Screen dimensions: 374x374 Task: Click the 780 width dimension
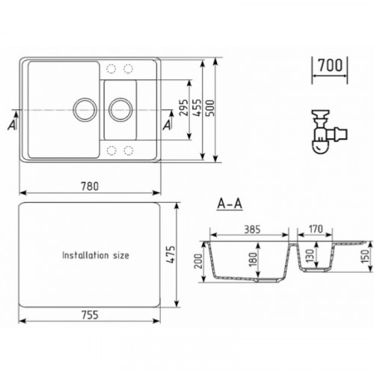pyautogui.click(x=90, y=186)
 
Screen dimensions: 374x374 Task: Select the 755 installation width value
pyautogui.click(x=90, y=315)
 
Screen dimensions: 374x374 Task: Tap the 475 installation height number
pyautogui.click(x=171, y=254)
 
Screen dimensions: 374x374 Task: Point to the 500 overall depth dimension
pyautogui.click(x=210, y=108)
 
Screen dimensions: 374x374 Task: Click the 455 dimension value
pyautogui.click(x=197, y=108)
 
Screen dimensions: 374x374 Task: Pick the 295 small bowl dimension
pyautogui.click(x=184, y=108)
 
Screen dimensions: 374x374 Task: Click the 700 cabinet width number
pyautogui.click(x=331, y=65)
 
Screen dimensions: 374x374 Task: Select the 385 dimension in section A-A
pyautogui.click(x=252, y=230)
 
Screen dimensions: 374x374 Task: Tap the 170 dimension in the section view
pyautogui.click(x=316, y=229)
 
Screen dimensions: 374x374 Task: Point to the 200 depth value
pyautogui.click(x=198, y=261)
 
